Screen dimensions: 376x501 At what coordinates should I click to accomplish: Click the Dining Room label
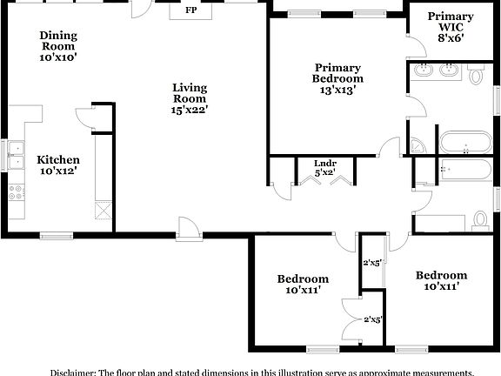58,40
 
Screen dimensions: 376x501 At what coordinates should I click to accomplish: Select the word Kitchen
58,159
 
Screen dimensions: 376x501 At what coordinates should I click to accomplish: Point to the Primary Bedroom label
337,72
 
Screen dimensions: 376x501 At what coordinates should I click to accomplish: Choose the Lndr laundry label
324,162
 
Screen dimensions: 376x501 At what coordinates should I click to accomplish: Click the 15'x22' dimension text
189,109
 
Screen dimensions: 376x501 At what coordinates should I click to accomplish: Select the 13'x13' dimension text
337,89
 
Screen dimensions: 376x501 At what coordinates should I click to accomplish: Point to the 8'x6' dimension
451,37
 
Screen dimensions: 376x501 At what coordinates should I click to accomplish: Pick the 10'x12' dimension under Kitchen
58,171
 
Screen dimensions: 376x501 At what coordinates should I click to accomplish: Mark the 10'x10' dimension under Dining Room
58,57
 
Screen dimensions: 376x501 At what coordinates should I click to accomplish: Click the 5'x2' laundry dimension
324,172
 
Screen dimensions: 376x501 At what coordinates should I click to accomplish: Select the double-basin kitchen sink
16,154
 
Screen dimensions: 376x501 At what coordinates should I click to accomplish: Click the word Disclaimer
72,372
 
